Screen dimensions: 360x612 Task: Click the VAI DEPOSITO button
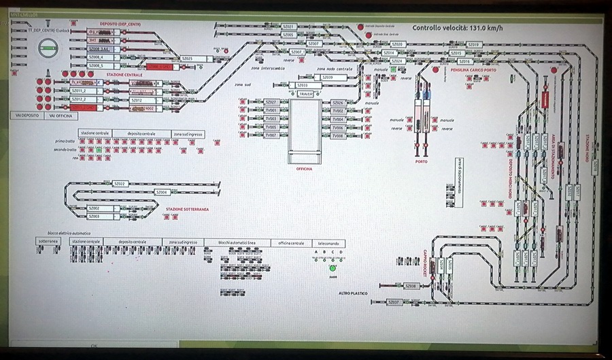pos(29,116)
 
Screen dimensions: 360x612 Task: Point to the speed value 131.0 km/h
pos(485,28)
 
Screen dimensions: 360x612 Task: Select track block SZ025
pos(188,59)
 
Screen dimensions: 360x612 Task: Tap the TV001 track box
pos(271,110)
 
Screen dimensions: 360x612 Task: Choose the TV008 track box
pos(338,136)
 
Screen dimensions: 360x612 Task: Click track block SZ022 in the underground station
pos(120,184)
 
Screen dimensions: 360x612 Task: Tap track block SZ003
pos(95,216)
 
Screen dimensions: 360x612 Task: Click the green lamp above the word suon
pos(333,269)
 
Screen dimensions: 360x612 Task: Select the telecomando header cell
pos(328,243)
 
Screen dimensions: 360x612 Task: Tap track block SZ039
pos(328,78)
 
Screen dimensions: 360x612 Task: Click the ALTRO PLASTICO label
pos(353,293)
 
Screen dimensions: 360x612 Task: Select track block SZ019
pos(474,44)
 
